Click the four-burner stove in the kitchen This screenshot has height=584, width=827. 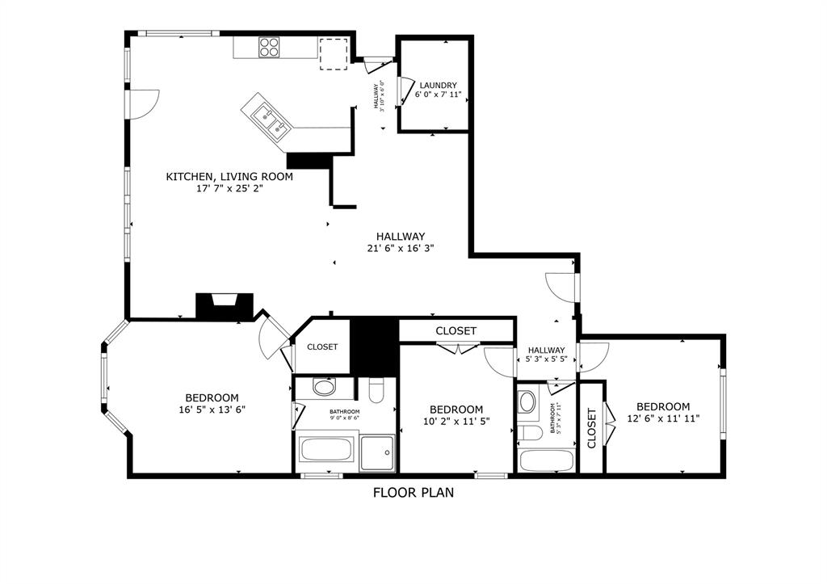click(x=270, y=48)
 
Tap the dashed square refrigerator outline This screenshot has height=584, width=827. click(x=333, y=53)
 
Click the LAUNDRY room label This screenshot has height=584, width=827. click(x=438, y=85)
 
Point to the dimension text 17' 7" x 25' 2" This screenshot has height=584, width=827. click(x=229, y=189)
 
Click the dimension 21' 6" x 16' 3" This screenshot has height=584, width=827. click(x=400, y=249)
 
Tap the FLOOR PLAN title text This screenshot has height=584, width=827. click(x=413, y=492)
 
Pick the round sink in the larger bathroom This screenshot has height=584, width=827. click(x=324, y=387)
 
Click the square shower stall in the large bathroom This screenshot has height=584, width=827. click(x=378, y=452)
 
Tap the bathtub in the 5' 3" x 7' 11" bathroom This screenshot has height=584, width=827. click(x=546, y=460)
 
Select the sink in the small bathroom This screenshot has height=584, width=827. click(x=528, y=401)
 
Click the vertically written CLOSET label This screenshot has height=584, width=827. click(x=592, y=428)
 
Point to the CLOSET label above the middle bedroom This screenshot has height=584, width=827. click(x=456, y=331)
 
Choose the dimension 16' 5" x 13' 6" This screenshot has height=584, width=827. click(x=212, y=410)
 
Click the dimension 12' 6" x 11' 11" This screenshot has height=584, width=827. click(x=663, y=418)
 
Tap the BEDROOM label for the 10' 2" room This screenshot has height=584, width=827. click(x=456, y=410)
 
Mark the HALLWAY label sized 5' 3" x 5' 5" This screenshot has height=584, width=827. click(x=547, y=350)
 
